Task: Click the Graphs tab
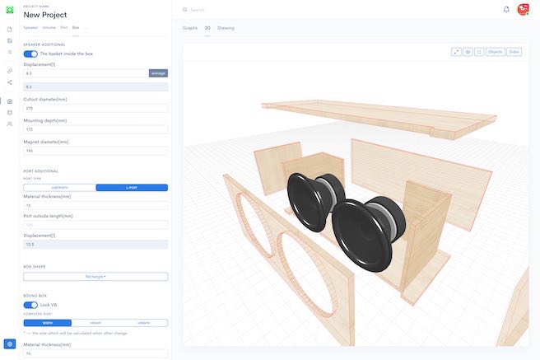[x=190, y=28]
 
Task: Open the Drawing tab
[x=226, y=28]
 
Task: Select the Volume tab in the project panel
[x=49, y=28]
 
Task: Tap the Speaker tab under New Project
[x=30, y=28]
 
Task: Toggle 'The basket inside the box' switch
[x=30, y=54]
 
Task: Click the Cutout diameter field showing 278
[x=95, y=108]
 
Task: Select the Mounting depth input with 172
[x=95, y=129]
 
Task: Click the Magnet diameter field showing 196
[x=95, y=151]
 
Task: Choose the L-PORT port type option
[x=132, y=188]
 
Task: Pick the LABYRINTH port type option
[x=59, y=188]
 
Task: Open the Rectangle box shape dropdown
[x=95, y=277]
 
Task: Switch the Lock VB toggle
[x=30, y=305]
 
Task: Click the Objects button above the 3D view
[x=495, y=52]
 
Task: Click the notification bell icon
[x=506, y=10]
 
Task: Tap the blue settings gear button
[x=10, y=344]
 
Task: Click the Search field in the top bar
[x=247, y=10]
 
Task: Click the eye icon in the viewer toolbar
[x=468, y=52]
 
